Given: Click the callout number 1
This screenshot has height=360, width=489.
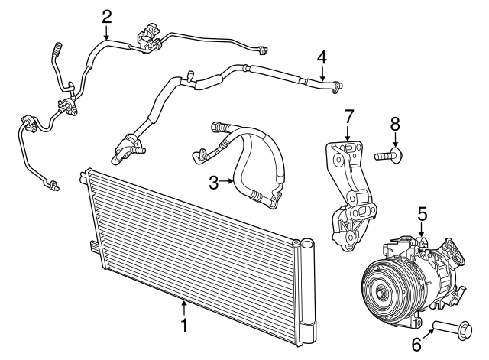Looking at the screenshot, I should click(184, 325).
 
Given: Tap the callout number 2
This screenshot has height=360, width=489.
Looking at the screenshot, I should click(107, 15).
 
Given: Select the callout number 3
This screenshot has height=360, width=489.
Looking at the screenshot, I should click(215, 181).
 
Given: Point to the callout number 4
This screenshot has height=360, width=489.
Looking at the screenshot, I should click(322, 56).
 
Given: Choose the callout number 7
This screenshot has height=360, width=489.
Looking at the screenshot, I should click(348, 116).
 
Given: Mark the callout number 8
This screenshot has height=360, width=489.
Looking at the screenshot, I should click(395, 122).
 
